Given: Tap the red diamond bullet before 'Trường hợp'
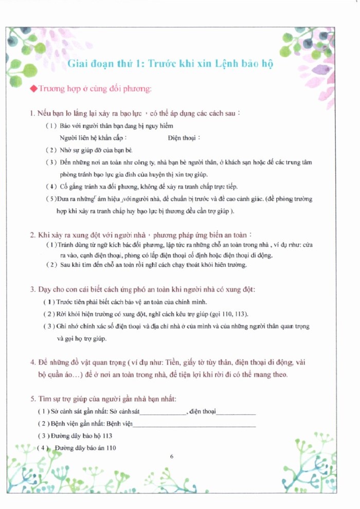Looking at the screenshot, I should pos(34,89).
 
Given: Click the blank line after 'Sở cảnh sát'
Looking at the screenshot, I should pos(163,412).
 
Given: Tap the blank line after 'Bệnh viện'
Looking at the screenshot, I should pos(194,424).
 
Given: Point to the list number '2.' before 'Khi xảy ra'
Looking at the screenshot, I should pos(33,235).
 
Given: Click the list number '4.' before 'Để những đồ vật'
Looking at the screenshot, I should pos(33,362).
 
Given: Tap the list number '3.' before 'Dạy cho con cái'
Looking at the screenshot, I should pos(33,289).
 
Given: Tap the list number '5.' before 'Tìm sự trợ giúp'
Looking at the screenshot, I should pos(33,399).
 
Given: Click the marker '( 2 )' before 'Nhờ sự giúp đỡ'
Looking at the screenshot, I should pos(51,150).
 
